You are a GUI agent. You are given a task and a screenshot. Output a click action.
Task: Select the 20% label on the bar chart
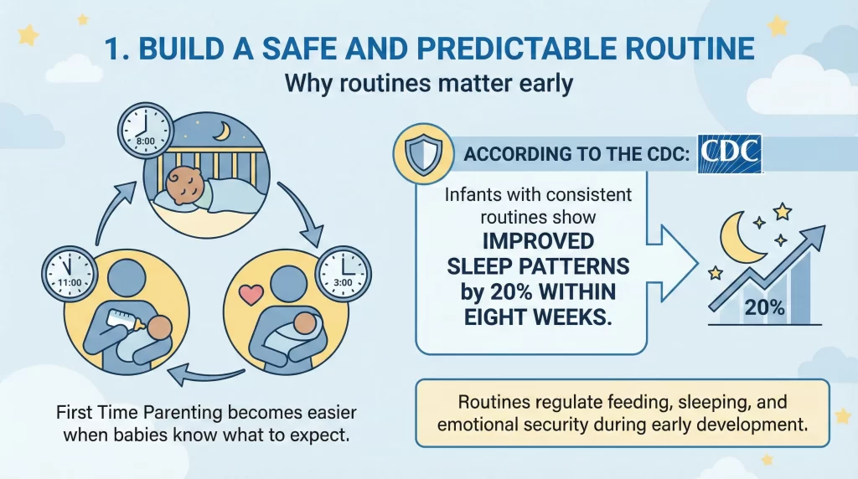click(764, 307)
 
